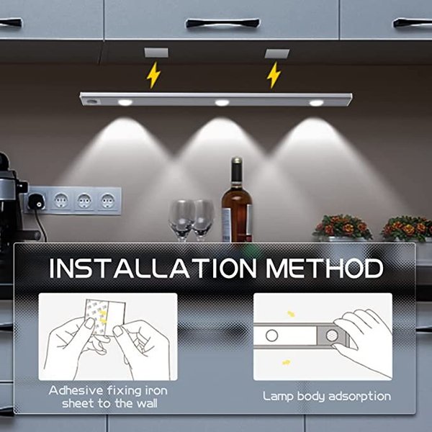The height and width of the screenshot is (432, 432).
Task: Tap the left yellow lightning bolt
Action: pyautogui.click(x=153, y=74)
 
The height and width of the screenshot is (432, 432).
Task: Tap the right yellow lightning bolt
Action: pyautogui.click(x=274, y=74)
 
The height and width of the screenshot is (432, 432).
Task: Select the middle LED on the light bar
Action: pyautogui.click(x=222, y=102)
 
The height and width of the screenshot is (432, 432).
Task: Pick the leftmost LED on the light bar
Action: pyautogui.click(x=125, y=102)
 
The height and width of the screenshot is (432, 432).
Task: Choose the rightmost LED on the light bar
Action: pyautogui.click(x=316, y=102)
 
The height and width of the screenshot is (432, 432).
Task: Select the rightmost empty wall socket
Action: pyautogui.click(x=107, y=199)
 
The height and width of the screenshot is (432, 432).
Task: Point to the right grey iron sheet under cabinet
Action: pyautogui.click(x=276, y=53)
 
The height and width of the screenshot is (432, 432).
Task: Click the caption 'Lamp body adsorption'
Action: pyautogui.click(x=326, y=396)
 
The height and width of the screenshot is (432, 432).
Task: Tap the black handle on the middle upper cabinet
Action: pyautogui.click(x=222, y=23)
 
